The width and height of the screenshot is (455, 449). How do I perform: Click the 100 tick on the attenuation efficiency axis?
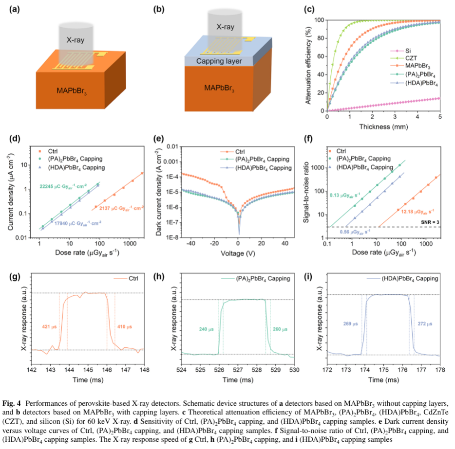(x=318, y=20)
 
